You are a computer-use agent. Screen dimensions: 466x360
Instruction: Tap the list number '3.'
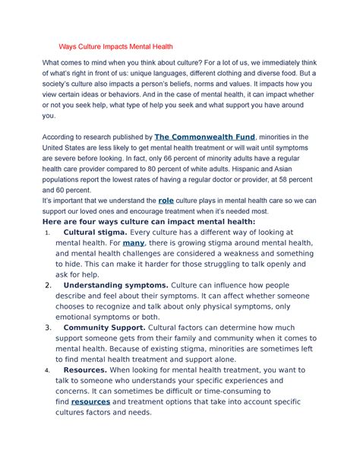(49, 328)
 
